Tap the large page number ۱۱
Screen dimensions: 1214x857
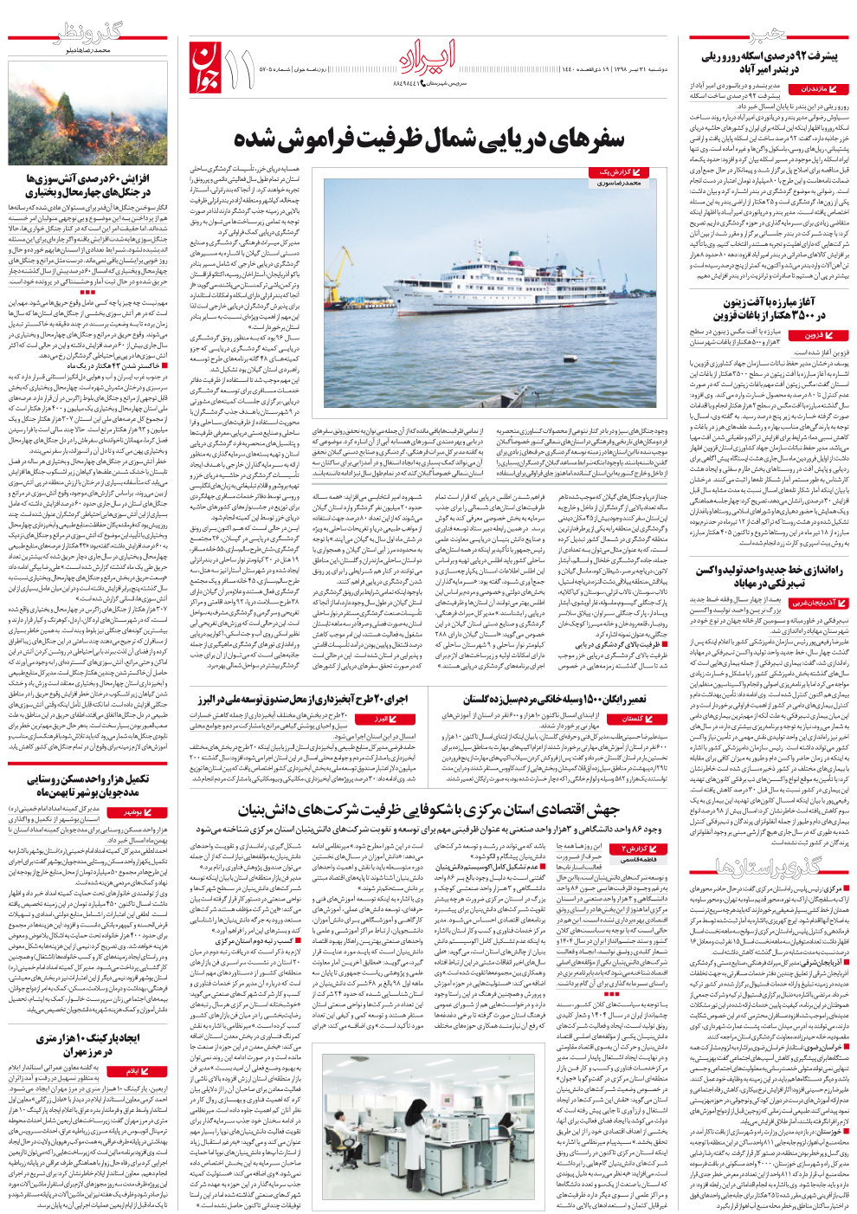[x=239, y=68]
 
